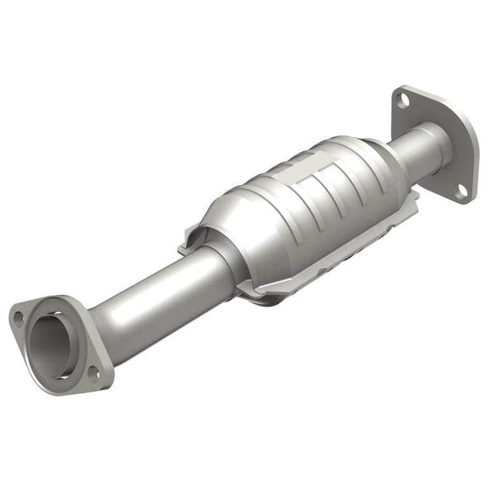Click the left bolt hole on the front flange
click(x=18, y=318)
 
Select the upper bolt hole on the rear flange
click(x=404, y=100)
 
